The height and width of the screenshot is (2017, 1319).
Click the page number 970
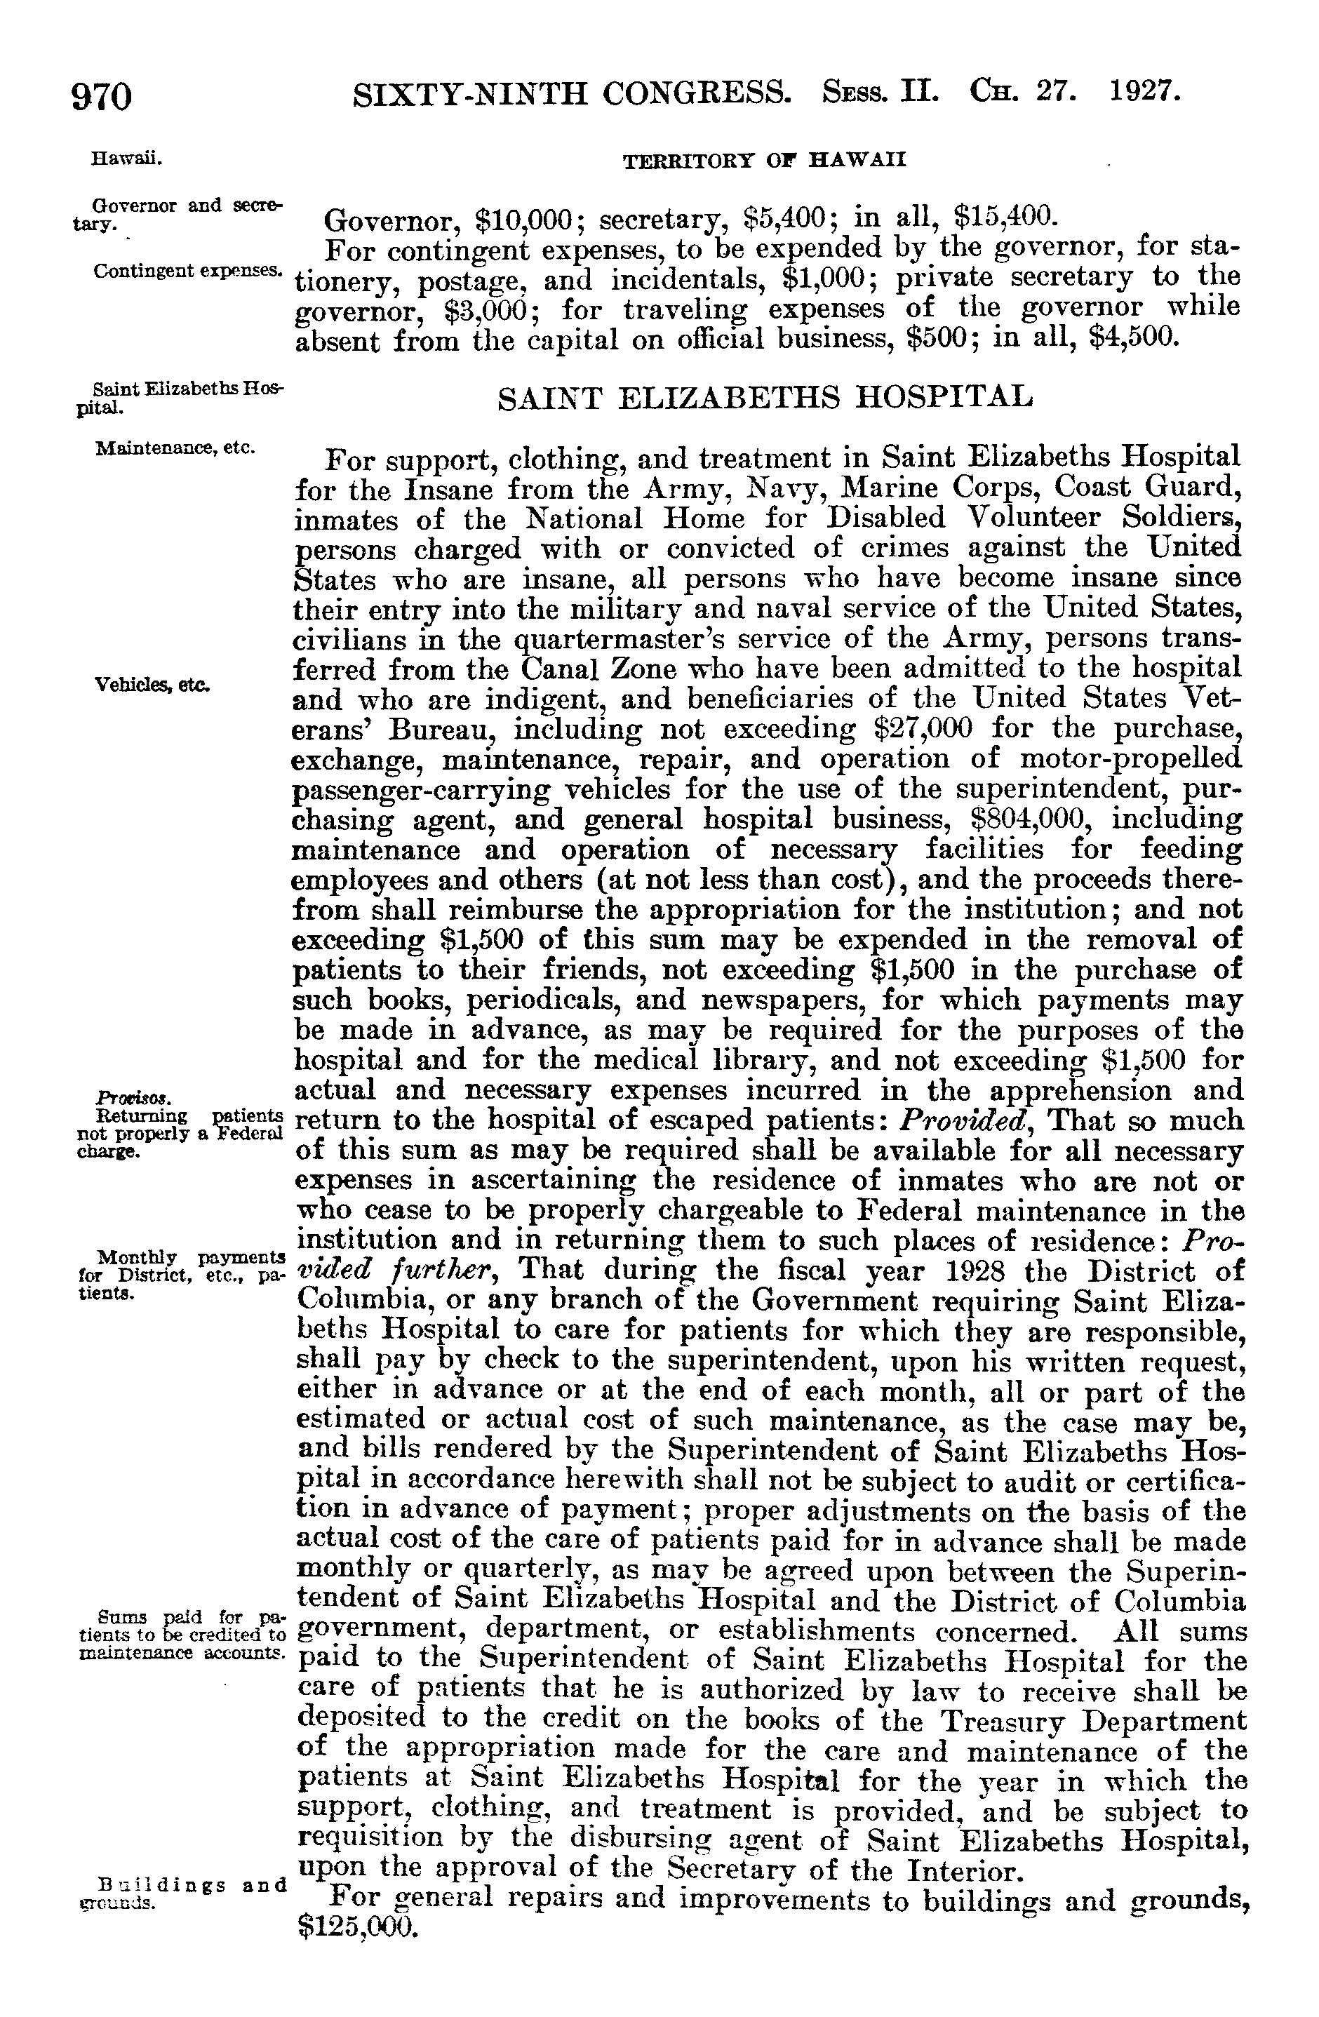point(102,97)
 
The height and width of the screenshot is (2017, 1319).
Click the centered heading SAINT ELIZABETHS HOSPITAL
point(765,396)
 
